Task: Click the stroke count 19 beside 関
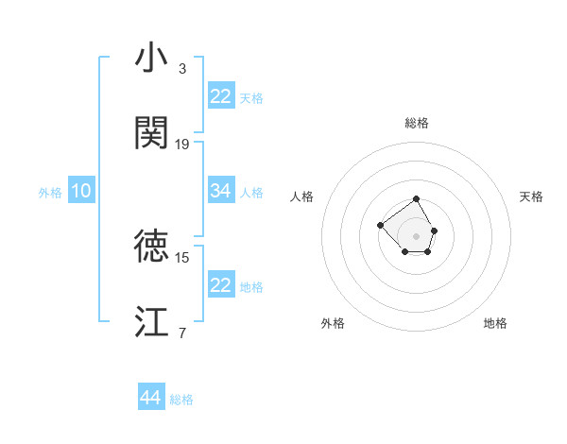click(182, 145)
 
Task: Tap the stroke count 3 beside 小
click(182, 69)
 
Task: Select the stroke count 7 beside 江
click(182, 333)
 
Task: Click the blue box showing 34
click(221, 191)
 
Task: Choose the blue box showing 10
click(81, 191)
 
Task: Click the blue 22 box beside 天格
click(221, 96)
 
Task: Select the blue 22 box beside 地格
click(221, 285)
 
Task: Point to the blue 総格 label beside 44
click(181, 400)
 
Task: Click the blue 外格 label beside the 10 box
click(50, 192)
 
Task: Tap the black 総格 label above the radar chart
click(417, 123)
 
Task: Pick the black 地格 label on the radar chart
click(495, 323)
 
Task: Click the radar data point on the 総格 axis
click(417, 199)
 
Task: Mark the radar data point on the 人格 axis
click(380, 225)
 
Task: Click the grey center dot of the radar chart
click(417, 236)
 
